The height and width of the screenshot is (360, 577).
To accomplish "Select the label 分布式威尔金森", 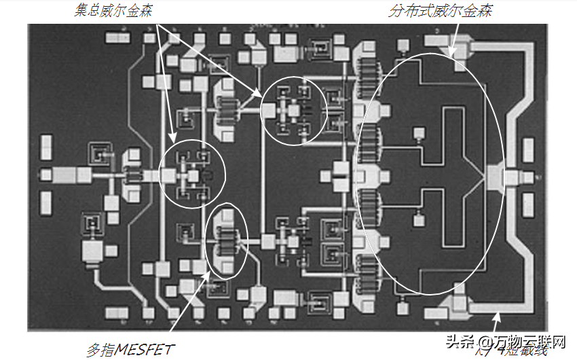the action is [x=441, y=12].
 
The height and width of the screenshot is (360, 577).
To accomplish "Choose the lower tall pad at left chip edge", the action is [x=46, y=201].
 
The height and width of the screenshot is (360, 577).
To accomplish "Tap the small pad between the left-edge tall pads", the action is [x=45, y=174].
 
